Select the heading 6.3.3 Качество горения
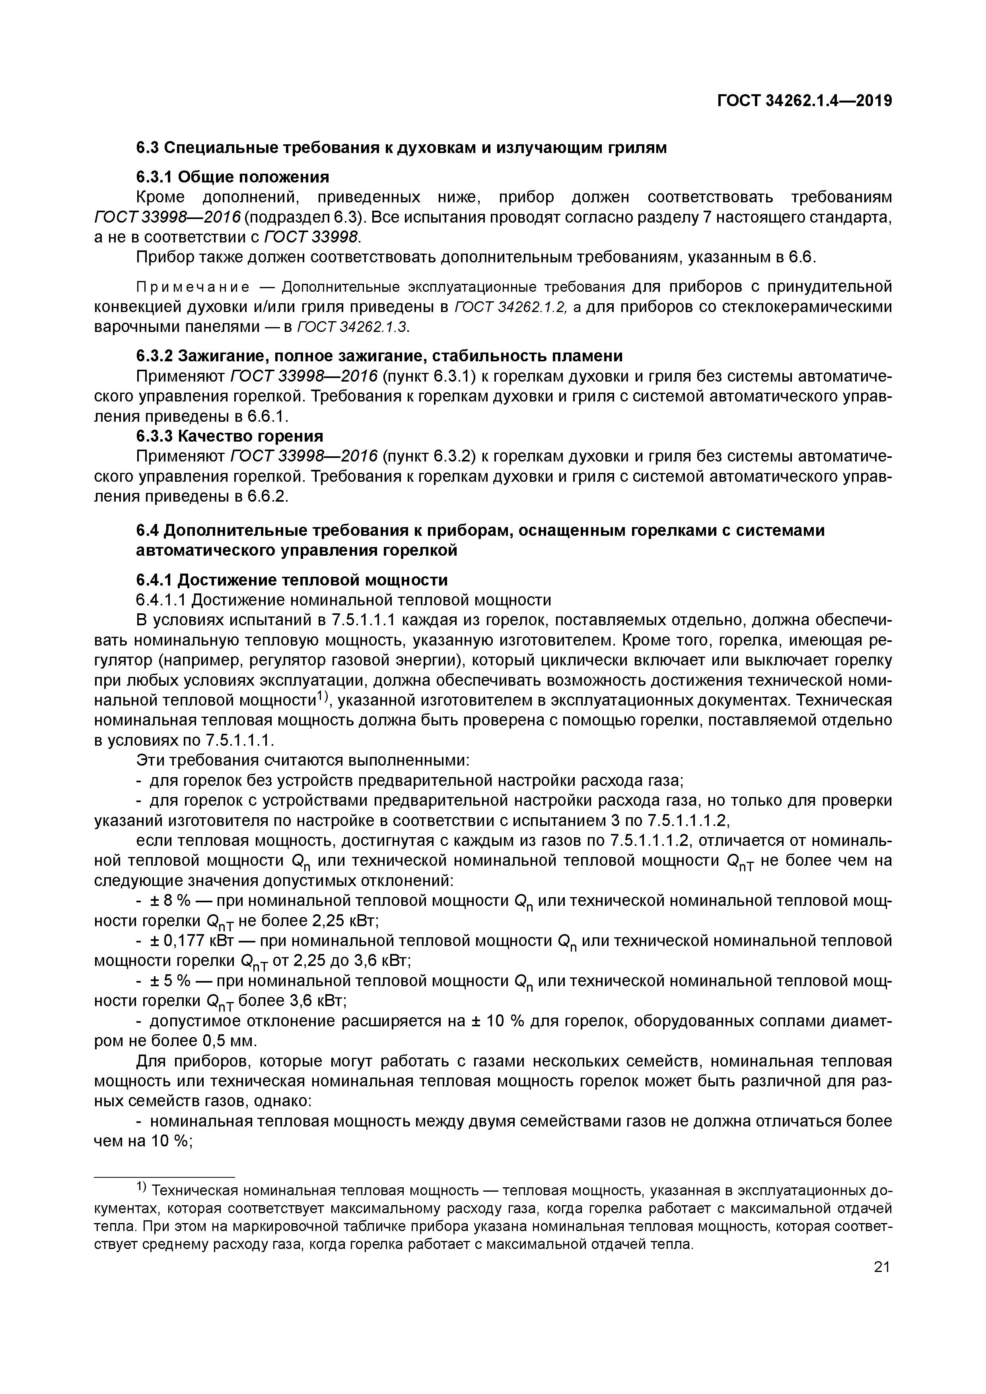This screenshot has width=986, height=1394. tap(229, 436)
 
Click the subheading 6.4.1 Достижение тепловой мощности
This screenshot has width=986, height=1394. tap(292, 580)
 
